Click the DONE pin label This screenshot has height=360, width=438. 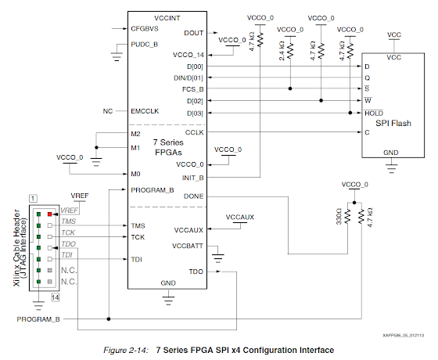[193, 196]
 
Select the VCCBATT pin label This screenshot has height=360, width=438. [189, 246]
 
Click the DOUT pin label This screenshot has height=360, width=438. [193, 33]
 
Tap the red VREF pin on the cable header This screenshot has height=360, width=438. [49, 212]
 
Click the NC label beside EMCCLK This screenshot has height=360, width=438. [109, 110]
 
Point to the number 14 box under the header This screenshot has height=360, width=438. [56, 298]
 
